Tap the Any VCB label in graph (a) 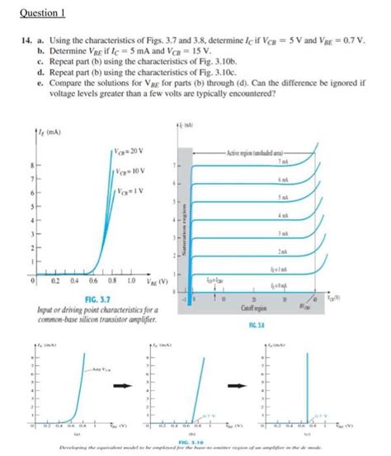pyautogui.click(x=78, y=368)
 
